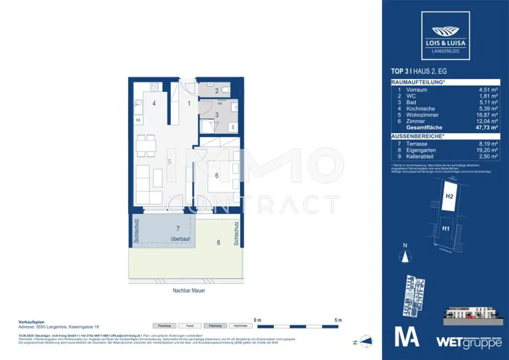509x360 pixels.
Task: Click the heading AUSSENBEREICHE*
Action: pyautogui.click(x=417, y=135)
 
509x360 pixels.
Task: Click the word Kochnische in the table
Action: pyautogui.click(x=420, y=108)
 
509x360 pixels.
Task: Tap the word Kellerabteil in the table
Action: pyautogui.click(x=421, y=156)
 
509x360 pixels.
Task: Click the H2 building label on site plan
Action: pyautogui.click(x=449, y=196)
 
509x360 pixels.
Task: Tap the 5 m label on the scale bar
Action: pyautogui.click(x=338, y=320)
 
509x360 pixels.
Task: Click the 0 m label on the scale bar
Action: pyautogui.click(x=257, y=320)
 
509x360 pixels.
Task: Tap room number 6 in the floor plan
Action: pyautogui.click(x=217, y=175)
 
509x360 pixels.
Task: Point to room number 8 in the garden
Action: pyautogui.click(x=217, y=243)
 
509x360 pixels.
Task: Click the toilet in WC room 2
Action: pyautogui.click(x=225, y=90)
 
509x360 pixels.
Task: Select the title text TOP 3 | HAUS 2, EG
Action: pyautogui.click(x=419, y=71)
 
